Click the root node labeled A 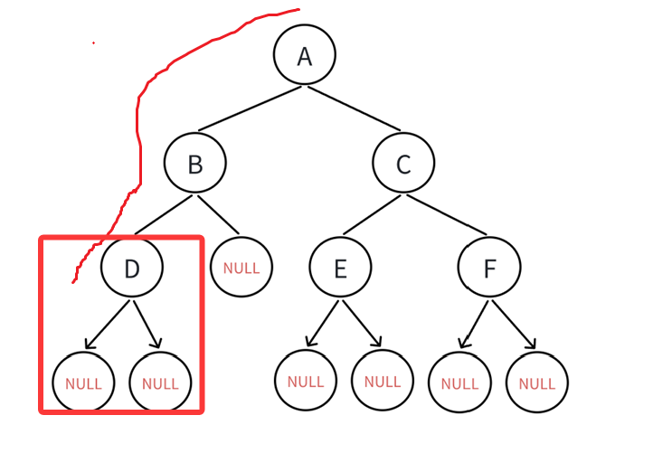(305, 55)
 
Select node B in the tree (195, 164)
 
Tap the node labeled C (403, 164)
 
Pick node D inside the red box (132, 269)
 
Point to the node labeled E (340, 269)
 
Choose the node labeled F (489, 269)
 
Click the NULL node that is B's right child (241, 268)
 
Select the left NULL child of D (83, 382)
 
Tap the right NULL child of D (160, 382)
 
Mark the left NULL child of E (306, 381)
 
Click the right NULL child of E (383, 381)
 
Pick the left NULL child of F (459, 382)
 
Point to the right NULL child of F (537, 382)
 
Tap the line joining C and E (371, 216)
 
